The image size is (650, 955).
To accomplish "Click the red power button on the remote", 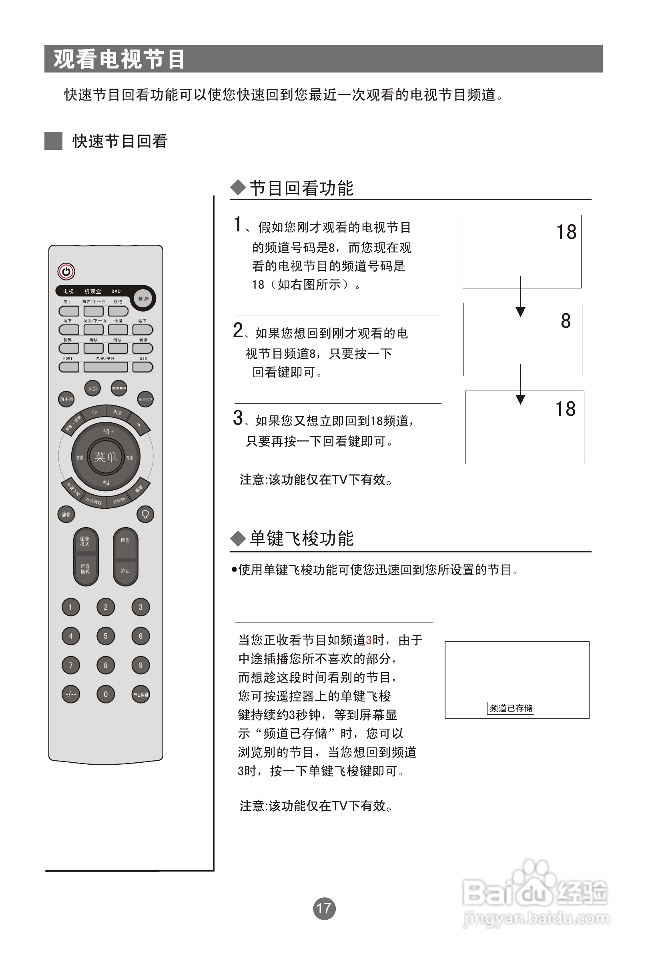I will point(66,271).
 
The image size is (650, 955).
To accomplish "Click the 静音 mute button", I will point(66,514).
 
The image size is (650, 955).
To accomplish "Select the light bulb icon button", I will point(145,514).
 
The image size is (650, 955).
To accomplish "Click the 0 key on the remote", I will point(106,694).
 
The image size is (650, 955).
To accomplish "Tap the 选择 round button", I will point(143,299).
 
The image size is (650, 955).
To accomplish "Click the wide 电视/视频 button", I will point(106,367).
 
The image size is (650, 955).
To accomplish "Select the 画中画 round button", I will point(66,399).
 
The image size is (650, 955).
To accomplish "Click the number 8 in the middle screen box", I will point(566,321).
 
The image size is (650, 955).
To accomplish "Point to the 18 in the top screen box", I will point(566,232).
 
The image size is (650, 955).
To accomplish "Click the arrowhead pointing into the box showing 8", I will point(520,312).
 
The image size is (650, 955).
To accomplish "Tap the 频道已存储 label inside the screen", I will point(510,708).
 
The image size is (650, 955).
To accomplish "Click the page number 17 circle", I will point(324,908).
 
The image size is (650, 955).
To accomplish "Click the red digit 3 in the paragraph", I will point(368,640).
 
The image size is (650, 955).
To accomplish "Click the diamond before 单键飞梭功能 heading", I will point(237,538).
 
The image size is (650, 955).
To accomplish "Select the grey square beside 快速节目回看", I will point(53,141).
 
